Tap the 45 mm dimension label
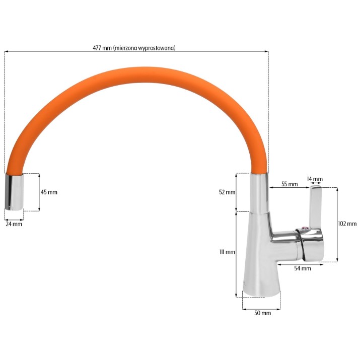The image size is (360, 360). tap(49, 192)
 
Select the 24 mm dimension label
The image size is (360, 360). tap(14, 224)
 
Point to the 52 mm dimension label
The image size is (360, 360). tap(227, 192)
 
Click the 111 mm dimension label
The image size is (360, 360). tap(227, 252)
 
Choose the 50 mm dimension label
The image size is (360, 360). tap(262, 313)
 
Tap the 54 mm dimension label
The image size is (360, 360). tap(303, 268)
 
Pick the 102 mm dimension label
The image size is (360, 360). tap(347, 224)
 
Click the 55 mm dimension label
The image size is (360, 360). tap(290, 184)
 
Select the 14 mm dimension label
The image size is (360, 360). tap(315, 179)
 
